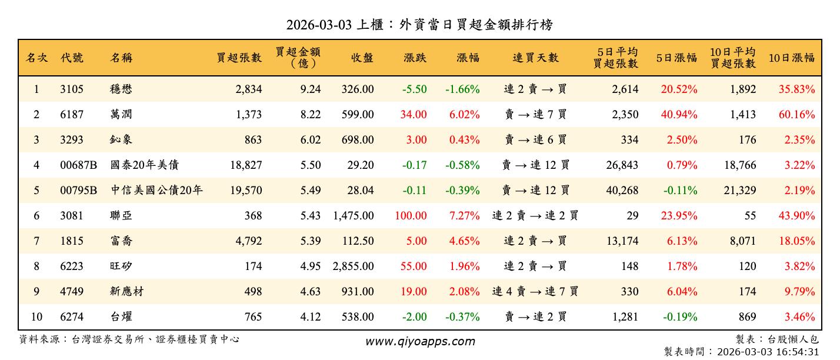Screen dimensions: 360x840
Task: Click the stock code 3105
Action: click(72, 89)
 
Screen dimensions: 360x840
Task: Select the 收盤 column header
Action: click(362, 58)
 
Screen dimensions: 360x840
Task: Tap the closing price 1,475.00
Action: click(353, 216)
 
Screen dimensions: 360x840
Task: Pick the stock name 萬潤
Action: click(121, 115)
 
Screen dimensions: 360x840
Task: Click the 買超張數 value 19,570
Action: click(246, 191)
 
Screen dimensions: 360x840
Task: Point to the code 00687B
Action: click(78, 165)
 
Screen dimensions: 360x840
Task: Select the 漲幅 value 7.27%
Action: click(464, 216)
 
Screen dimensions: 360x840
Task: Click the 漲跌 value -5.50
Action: click(414, 89)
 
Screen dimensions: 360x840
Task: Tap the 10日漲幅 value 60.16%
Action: click(796, 115)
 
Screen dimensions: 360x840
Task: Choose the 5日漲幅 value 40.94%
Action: click(679, 115)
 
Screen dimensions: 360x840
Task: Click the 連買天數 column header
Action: click(535, 58)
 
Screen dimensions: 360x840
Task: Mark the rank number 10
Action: click(36, 317)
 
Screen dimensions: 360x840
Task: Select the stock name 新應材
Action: click(127, 292)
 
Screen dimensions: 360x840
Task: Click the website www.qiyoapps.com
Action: click(420, 341)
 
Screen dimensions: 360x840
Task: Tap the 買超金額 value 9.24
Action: click(311, 89)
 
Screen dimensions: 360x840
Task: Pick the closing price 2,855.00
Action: click(353, 266)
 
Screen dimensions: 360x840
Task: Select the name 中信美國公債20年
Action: click(156, 191)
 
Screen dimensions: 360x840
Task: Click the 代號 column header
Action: click(72, 58)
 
